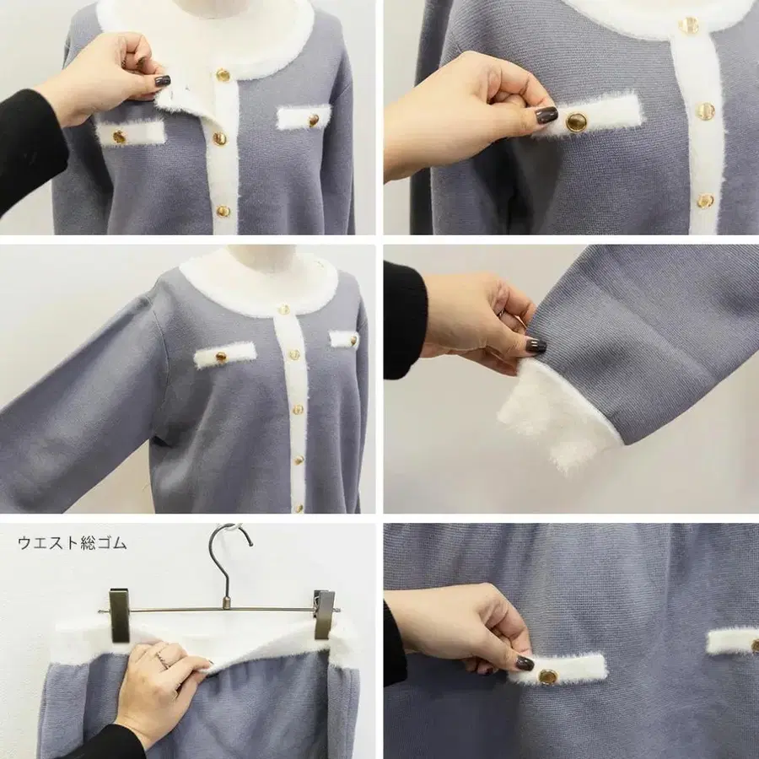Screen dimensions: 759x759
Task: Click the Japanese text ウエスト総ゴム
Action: click(x=73, y=543)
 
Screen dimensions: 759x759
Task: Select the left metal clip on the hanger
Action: click(x=119, y=615)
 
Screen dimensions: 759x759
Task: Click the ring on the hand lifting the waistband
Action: click(x=162, y=659)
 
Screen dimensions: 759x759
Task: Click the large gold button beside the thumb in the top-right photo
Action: click(x=576, y=122)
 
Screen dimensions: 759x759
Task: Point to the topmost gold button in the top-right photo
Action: click(x=688, y=24)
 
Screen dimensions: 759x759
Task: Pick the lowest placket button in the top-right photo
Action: click(x=705, y=201)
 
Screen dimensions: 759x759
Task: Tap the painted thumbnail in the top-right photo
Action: click(x=546, y=116)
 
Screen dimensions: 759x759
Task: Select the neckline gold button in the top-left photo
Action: click(x=223, y=75)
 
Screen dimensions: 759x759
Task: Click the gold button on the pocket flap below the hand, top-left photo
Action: click(x=119, y=137)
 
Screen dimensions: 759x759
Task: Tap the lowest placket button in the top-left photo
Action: click(x=223, y=211)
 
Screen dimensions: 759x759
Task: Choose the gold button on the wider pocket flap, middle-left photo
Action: click(x=221, y=358)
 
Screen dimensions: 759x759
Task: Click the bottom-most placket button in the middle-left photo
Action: click(x=299, y=508)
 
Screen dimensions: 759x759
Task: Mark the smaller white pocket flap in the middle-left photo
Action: click(x=344, y=339)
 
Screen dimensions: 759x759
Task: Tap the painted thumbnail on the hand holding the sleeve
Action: click(x=536, y=345)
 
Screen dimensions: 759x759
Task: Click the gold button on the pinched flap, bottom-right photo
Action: click(x=548, y=676)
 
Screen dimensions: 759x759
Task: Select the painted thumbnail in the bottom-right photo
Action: click(x=525, y=663)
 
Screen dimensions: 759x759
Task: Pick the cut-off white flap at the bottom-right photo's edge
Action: click(x=732, y=642)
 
